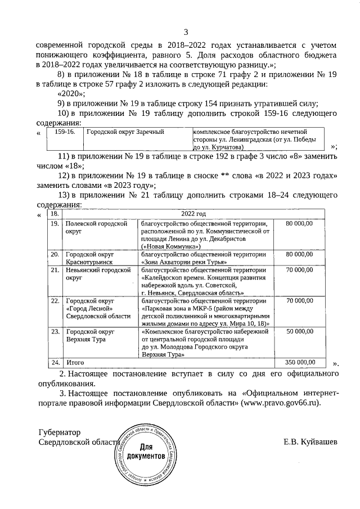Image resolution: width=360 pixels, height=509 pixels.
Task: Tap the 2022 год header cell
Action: point(193,214)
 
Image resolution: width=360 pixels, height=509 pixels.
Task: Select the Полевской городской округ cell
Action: point(96,227)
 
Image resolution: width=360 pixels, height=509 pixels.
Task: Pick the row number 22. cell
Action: point(55,301)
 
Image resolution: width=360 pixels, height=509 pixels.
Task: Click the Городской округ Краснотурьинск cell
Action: point(90,258)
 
